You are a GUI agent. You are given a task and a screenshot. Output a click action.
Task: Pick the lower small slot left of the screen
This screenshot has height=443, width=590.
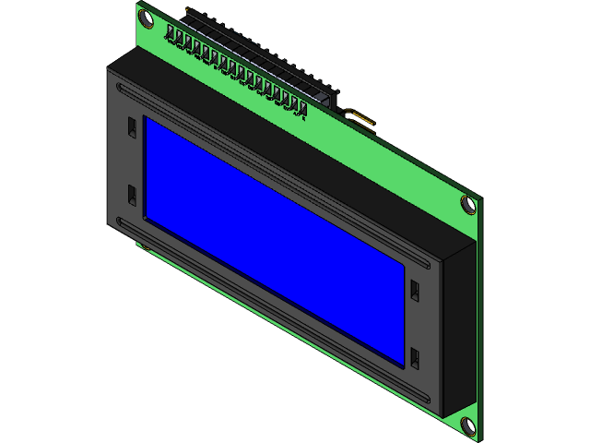(x=132, y=196)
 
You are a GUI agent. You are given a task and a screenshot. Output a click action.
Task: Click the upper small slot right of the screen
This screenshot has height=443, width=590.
(x=415, y=289)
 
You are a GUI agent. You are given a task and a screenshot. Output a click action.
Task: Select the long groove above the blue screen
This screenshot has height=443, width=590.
(x=277, y=170)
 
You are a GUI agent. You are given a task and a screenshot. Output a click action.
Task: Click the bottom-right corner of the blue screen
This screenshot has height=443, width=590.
(x=403, y=364)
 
